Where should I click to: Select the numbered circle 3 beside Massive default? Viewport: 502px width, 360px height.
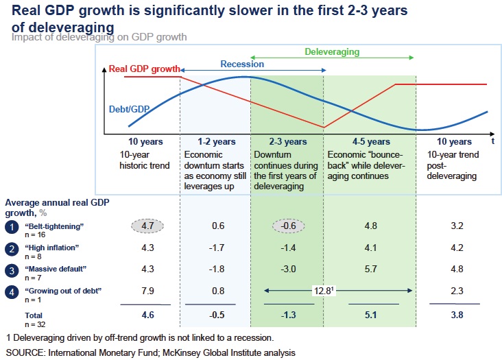12,272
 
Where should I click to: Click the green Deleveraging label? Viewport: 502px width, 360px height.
332,51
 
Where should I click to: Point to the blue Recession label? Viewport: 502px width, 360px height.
242,64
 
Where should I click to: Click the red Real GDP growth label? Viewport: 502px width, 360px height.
144,69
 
